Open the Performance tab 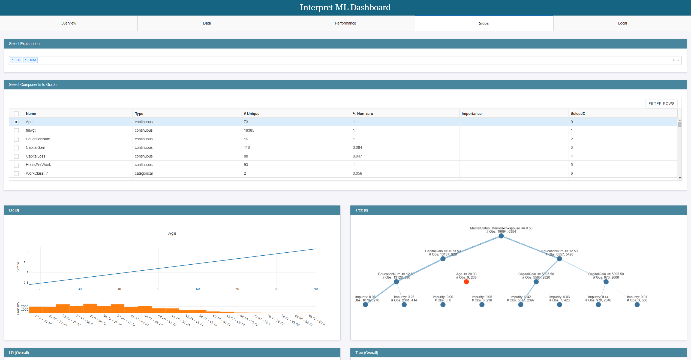tap(345, 23)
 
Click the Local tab tap(622, 23)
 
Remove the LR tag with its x tap(13, 60)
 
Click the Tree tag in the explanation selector tap(33, 60)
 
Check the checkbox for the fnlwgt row tap(16, 131)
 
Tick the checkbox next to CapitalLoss tap(16, 156)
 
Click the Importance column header tap(471, 114)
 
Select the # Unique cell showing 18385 tap(249, 130)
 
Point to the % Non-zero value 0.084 tap(357, 147)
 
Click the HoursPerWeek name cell tap(38, 165)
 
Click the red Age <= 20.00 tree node tap(466, 282)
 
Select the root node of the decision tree tap(501, 236)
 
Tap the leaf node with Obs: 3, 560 tap(637, 305)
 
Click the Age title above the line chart tap(172, 233)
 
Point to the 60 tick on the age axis tap(198, 289)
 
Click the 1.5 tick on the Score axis tap(26, 262)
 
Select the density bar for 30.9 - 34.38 tap(90, 308)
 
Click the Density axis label tap(18, 308)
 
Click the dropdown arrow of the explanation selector tap(678, 60)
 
